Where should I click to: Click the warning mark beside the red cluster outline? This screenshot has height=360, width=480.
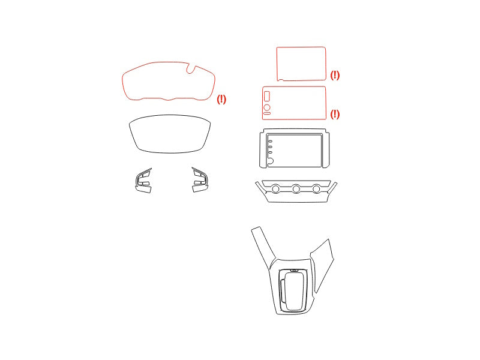pos(221,99)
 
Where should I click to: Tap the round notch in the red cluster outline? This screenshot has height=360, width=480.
pos(191,68)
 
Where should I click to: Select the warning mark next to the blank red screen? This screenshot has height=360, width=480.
pos(335,75)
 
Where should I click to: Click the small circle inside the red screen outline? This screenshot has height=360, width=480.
pos(267,107)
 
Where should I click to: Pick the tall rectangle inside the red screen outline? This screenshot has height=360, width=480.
pos(266,96)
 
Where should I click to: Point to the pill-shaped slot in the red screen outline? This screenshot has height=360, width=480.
pos(267,113)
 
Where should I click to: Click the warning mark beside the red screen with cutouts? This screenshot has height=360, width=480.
pos(335,114)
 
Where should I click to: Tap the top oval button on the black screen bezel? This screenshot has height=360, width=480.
pos(271,142)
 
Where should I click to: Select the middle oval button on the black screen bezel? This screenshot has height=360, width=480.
pos(271,147)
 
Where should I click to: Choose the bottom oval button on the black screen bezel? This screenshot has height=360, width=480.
pos(271,152)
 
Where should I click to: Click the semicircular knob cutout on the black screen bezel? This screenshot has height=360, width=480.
pos(271,161)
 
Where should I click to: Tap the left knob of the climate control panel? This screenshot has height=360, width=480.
pos(275,189)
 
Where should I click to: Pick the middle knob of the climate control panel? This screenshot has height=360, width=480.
pos(296,189)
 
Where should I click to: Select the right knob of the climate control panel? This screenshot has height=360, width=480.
pos(316,189)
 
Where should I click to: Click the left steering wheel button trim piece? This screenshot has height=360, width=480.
pos(143,181)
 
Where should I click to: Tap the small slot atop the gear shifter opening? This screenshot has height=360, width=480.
pos(295,271)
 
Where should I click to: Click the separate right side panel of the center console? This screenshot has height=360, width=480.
pos(322,265)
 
